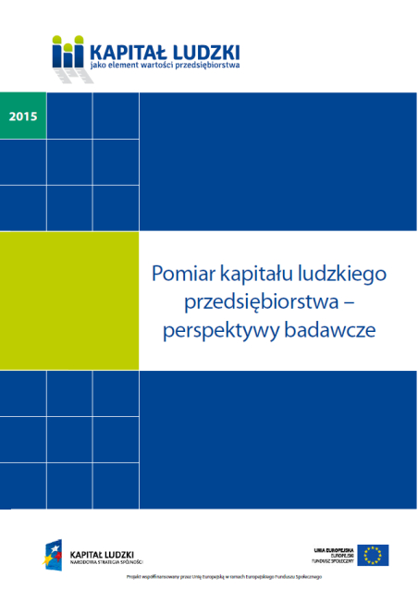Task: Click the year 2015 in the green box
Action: [x=22, y=117]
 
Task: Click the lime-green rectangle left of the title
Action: [x=68, y=300]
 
